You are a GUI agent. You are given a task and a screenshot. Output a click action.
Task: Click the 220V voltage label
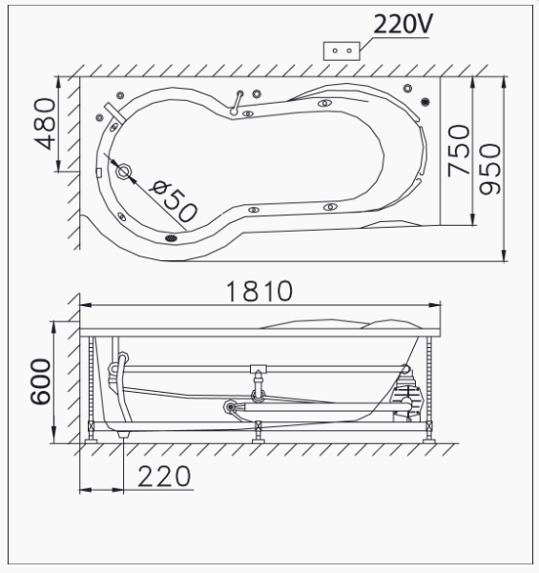point(403,24)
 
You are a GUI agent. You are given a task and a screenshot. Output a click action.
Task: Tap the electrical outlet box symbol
point(342,51)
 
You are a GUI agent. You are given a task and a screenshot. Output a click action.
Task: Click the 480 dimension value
point(45,124)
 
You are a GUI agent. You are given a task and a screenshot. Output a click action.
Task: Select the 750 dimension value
point(459,151)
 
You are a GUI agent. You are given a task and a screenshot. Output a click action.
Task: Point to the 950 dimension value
point(490,169)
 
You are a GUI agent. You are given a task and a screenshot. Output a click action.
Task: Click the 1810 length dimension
point(259,291)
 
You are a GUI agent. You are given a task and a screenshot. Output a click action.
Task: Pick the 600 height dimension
point(40,381)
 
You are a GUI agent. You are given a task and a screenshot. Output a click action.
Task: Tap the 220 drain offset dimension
point(164,477)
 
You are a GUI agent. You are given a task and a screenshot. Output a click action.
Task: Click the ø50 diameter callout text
point(174,200)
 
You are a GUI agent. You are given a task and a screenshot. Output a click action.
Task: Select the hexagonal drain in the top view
point(124,171)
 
